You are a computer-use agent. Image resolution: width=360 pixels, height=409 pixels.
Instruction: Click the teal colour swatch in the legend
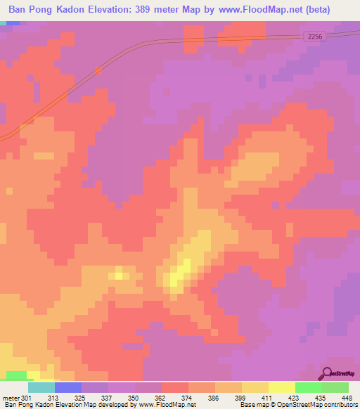click(41, 387)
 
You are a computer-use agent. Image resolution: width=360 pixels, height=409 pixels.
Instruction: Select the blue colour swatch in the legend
click(68, 387)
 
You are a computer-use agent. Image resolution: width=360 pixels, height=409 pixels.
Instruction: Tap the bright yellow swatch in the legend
click(282, 387)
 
